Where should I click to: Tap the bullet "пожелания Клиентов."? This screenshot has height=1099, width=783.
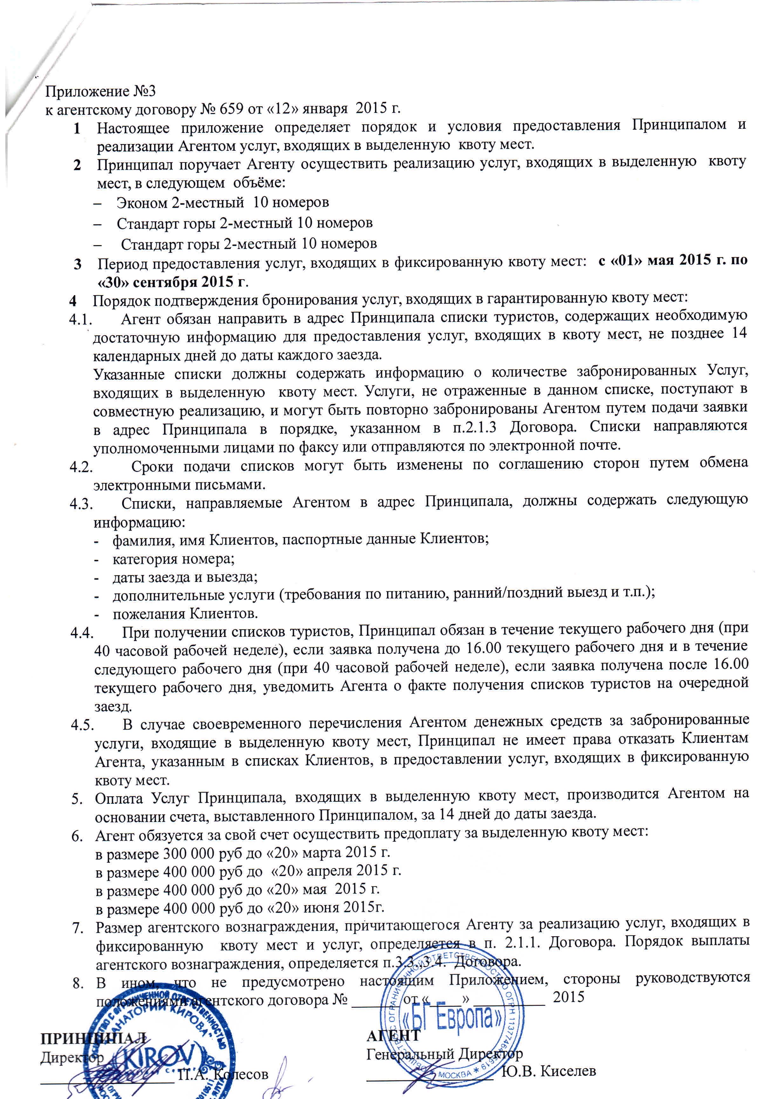185,614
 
